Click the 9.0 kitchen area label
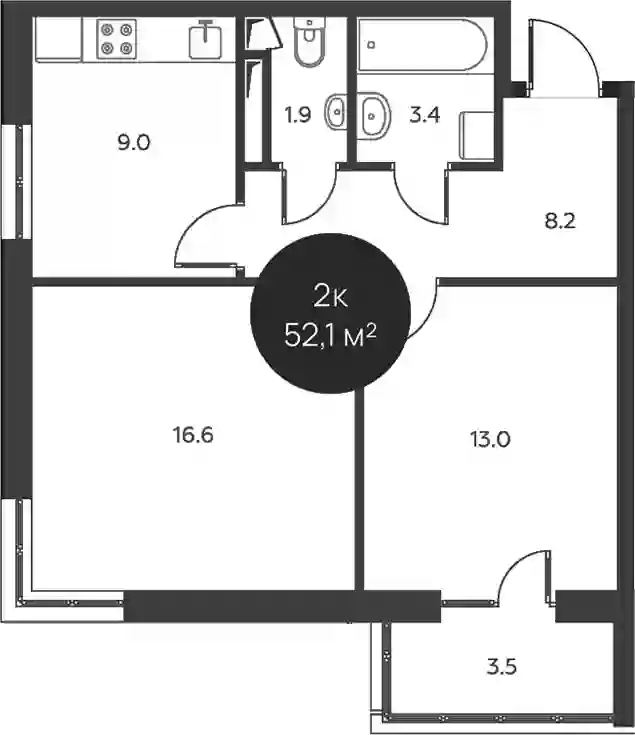coord(134,142)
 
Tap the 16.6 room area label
coord(193,435)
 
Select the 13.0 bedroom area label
coord(490,440)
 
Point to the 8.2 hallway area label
coord(560,220)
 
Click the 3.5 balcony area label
coord(501,666)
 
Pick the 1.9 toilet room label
coord(298,114)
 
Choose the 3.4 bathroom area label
coord(425,114)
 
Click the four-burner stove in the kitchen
coord(117,39)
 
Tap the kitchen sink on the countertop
coord(205,39)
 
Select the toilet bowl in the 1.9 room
coord(309,41)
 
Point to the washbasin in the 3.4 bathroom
coord(373,115)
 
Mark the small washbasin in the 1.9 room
coord(335,112)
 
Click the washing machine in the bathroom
coord(477,136)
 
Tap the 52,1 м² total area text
coord(330,336)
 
